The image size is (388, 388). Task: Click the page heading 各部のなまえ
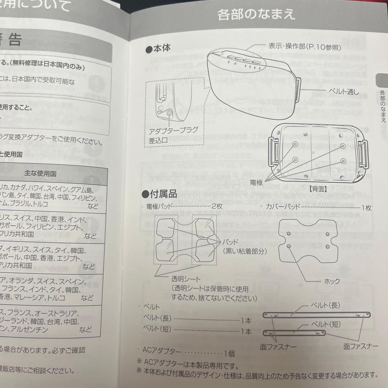256,15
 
